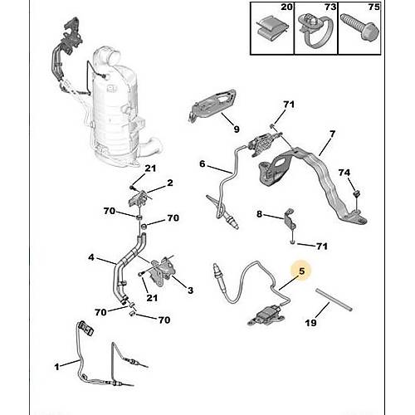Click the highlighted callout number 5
coord(301,271)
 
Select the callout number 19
coord(310,323)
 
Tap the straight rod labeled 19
coord(334,300)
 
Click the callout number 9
coord(237,129)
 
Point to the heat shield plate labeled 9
coord(212,105)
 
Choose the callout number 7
coord(332,134)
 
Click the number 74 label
coord(344,173)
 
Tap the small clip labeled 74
coord(357,194)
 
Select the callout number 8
coord(259,214)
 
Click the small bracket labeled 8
coord(290,219)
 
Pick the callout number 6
coord(203,164)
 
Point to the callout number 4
coord(91,257)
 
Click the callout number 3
coord(190,290)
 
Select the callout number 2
coord(170,183)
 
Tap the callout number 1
coord(56,367)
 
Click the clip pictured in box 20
coord(272,30)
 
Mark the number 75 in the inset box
coord(373,7)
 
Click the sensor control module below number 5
coord(266,315)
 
